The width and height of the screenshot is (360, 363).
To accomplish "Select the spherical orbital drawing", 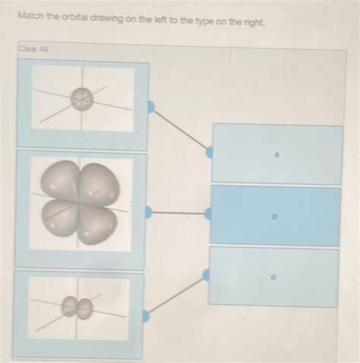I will point(82,98).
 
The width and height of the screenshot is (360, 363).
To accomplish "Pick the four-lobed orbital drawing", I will point(81,204).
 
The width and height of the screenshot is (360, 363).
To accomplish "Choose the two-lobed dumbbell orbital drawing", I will point(77,308).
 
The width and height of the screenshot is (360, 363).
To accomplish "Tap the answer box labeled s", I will point(277,154).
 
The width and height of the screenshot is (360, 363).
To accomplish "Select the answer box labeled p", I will point(276,216).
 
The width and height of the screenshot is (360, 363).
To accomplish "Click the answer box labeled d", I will point(273,276).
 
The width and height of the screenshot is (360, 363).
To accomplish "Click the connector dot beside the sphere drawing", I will point(150,107).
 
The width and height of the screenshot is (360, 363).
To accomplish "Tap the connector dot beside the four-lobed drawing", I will point(149,213).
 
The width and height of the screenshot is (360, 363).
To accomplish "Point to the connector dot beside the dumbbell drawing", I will point(147,314).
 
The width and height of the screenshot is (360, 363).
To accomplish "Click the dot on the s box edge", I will point(210,153).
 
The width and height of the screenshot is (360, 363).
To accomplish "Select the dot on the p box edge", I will point(209,215).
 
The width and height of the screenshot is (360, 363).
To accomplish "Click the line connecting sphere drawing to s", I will point(180,129).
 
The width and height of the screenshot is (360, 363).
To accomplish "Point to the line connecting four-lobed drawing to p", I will point(178,213).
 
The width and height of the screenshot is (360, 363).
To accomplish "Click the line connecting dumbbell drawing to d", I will point(177,295).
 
